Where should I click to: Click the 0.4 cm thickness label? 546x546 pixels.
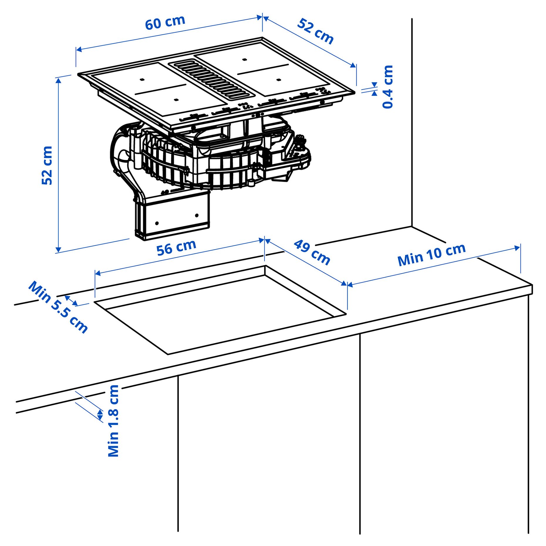click(387, 87)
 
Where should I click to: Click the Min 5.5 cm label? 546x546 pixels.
click(58, 307)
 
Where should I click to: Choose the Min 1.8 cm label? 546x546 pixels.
click(113, 420)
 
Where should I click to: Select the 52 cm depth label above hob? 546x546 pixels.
click(315, 31)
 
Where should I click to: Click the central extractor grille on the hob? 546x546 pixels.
click(211, 79)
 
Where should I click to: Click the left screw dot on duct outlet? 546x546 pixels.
click(157, 223)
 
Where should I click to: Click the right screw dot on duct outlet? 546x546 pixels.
click(197, 215)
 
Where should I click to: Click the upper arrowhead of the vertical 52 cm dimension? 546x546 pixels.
click(58, 80)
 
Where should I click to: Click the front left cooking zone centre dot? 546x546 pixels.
click(176, 100)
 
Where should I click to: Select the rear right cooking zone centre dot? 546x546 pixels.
click(245, 60)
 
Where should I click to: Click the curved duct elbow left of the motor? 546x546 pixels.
click(123, 164)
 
